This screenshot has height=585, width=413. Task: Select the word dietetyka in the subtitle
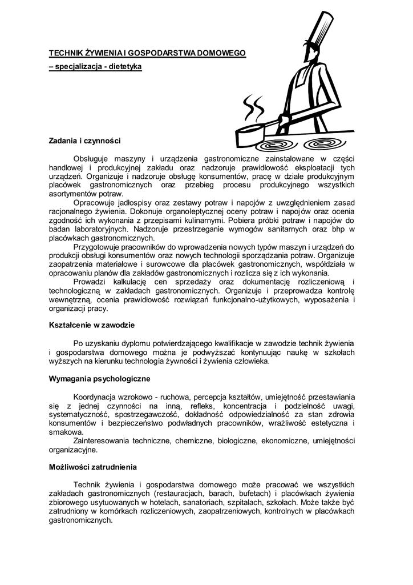(x=124, y=67)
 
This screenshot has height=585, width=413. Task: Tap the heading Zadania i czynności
(x=85, y=141)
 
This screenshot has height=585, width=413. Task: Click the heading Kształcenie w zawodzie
(x=92, y=325)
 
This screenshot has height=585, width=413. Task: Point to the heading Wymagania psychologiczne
(x=100, y=379)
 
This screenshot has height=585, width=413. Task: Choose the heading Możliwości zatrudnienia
(x=93, y=467)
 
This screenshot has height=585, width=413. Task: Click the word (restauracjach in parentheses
(x=179, y=494)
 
